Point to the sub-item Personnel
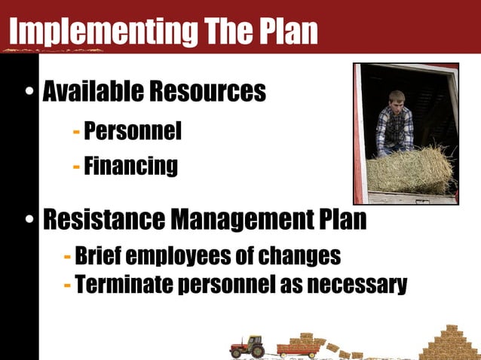[x=133, y=132]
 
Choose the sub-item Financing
[x=130, y=165]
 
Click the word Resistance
[x=103, y=220]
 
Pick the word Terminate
[x=121, y=285]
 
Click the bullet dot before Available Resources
[x=29, y=94]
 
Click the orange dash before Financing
[x=76, y=166]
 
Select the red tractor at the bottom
[x=247, y=347]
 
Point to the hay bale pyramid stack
[x=450, y=343]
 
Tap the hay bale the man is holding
[x=410, y=169]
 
